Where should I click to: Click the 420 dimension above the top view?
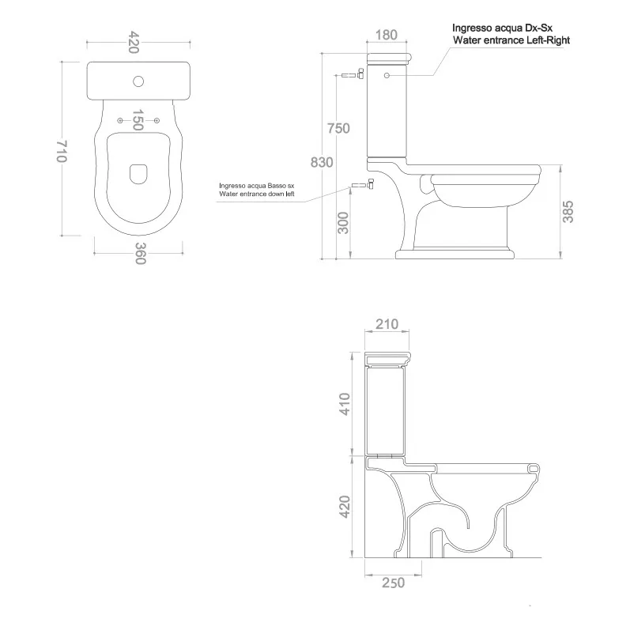tap(134, 42)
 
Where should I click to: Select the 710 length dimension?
tap(62, 151)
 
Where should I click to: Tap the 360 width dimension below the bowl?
tap(140, 254)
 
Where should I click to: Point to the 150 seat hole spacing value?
tap(138, 119)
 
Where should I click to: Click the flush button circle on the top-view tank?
tap(138, 81)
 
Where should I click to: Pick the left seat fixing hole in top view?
tap(119, 120)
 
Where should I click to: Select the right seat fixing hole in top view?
tap(157, 120)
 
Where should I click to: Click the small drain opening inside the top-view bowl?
tap(138, 174)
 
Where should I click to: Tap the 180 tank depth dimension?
tap(387, 35)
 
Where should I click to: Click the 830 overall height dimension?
tap(322, 162)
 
